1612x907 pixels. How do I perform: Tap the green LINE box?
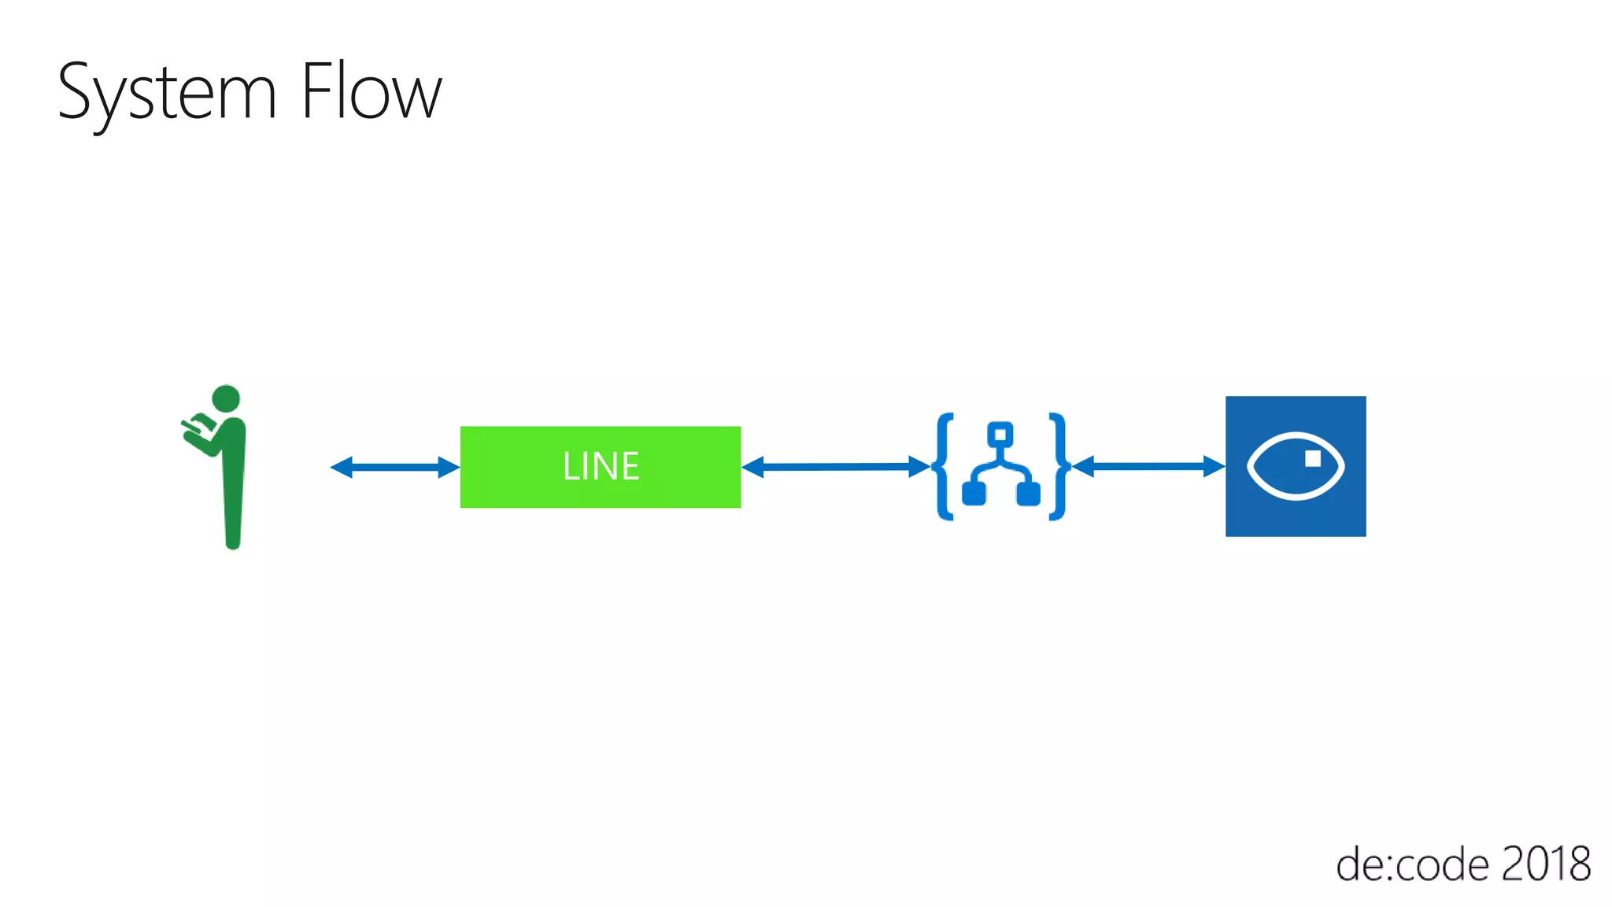(x=600, y=466)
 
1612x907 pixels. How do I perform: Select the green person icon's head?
(x=226, y=398)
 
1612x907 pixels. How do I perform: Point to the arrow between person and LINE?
(x=394, y=467)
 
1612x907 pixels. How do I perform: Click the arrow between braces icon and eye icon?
(x=1148, y=467)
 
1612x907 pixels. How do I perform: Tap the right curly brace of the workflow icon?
(x=1059, y=466)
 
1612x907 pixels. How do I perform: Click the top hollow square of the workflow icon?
(x=1000, y=434)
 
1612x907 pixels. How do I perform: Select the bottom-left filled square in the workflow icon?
(x=974, y=494)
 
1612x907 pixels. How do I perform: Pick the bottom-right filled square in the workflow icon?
(x=1028, y=494)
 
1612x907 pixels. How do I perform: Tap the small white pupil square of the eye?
(x=1312, y=458)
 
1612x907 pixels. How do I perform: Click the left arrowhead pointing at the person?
(x=341, y=467)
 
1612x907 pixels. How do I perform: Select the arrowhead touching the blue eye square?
(x=1215, y=466)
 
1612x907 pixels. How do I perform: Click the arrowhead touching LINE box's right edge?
(x=752, y=467)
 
